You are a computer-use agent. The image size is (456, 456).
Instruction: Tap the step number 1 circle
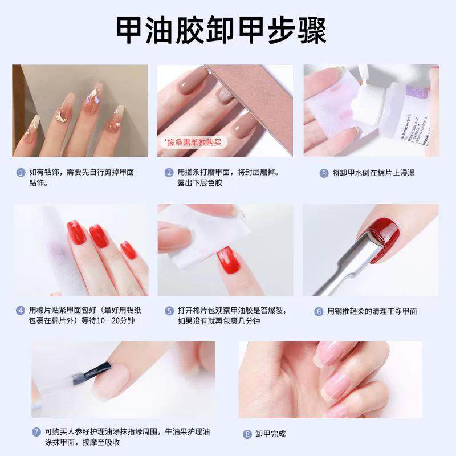(x=21, y=172)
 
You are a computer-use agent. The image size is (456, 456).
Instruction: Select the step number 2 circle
(x=169, y=172)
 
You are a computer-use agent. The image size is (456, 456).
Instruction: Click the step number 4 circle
(x=21, y=311)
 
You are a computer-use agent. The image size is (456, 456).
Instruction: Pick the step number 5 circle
(x=169, y=311)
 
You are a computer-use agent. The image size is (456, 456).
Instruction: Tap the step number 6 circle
(x=319, y=311)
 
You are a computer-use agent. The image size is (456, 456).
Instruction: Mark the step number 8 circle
(x=247, y=434)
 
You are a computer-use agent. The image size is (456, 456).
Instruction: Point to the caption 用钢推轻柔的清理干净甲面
(x=372, y=311)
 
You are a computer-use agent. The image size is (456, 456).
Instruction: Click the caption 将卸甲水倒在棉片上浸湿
(x=374, y=173)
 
